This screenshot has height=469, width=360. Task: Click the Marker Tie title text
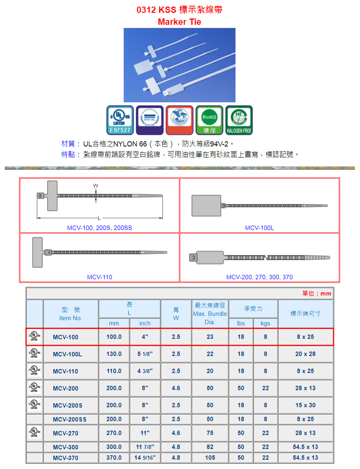coord(179,22)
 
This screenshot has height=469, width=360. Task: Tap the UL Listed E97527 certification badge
coord(120,120)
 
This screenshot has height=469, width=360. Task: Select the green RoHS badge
coord(209,120)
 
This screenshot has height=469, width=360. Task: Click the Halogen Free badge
coord(239,120)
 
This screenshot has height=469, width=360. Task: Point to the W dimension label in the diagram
coord(95,186)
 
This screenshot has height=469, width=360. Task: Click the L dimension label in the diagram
coord(99,218)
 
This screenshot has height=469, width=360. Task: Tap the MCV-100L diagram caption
coord(259,228)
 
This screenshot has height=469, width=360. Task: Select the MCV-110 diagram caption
coord(100,277)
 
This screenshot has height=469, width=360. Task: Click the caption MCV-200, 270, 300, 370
coord(259,277)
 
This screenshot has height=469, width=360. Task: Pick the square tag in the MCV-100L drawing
coord(206,205)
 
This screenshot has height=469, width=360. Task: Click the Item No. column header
coord(71,318)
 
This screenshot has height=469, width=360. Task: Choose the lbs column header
coord(241,323)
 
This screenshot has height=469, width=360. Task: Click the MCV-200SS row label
coord(70,419)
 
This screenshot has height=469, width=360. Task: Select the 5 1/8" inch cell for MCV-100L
coord(145,354)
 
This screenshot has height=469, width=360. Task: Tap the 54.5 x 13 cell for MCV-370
coord(305,458)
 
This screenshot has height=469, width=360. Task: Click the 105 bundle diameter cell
coord(210,458)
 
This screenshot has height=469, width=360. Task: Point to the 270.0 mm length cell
coord(114,433)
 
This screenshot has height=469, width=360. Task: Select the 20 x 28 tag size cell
coord(305,354)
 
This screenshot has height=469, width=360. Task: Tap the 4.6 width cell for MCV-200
coord(176,388)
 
